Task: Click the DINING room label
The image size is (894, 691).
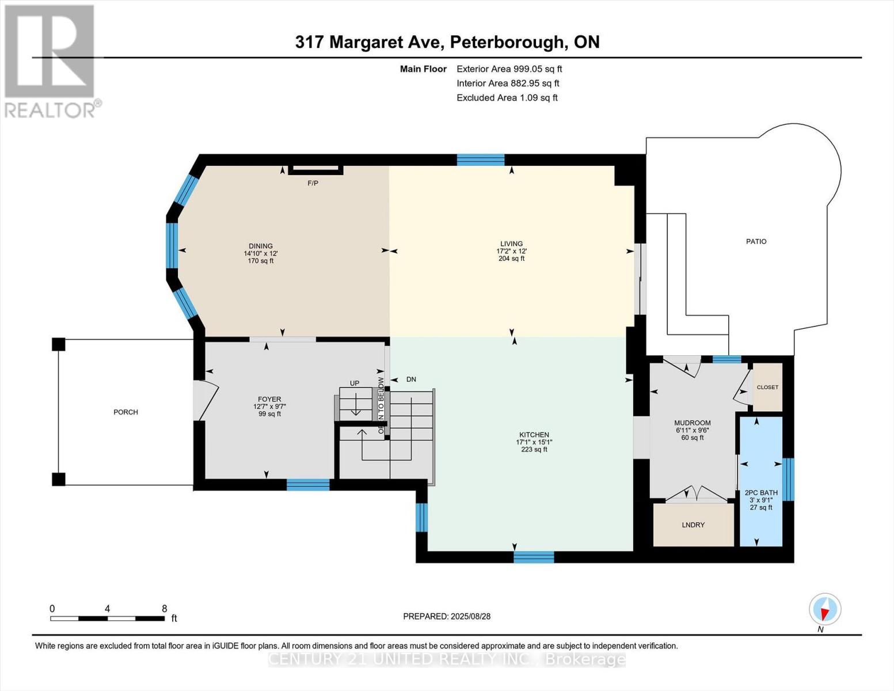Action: (x=261, y=246)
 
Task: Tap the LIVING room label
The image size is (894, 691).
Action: (x=511, y=244)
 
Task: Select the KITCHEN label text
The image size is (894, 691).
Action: (x=534, y=435)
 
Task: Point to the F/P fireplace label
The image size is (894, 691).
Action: (x=313, y=183)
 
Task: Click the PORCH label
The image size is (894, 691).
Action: (x=125, y=412)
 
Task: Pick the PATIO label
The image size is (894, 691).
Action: (x=756, y=241)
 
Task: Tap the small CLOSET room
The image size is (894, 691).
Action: (x=767, y=388)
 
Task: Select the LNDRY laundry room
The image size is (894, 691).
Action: (x=693, y=525)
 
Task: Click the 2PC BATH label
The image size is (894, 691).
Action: (x=760, y=493)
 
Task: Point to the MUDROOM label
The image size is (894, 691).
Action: (x=693, y=423)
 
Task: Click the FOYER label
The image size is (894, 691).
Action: (x=269, y=399)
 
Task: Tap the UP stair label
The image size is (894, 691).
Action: (x=355, y=383)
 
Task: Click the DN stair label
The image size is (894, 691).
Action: (x=411, y=379)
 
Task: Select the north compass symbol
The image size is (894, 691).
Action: (x=825, y=609)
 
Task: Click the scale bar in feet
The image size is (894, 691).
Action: (x=108, y=618)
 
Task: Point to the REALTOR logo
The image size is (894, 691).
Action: (x=50, y=60)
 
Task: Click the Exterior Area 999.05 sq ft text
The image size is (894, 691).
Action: (x=509, y=69)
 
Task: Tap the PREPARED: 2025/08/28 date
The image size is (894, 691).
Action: (x=447, y=616)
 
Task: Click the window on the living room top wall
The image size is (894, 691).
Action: (x=481, y=160)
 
